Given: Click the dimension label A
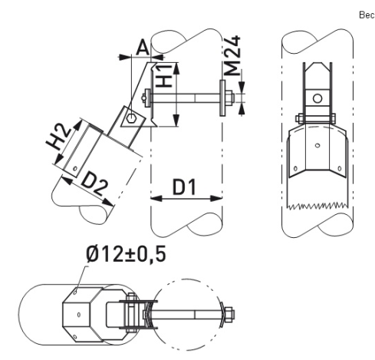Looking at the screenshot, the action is pos(143,48).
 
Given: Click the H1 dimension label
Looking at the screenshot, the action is pos(164,76).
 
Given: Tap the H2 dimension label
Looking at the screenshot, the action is pos(58,137).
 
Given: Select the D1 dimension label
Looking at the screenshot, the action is pos(184,187).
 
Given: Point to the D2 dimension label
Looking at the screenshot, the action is pos(94,183).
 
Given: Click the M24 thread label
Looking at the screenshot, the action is pos(232,56).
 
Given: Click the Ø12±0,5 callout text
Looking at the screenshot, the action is pos(126,254).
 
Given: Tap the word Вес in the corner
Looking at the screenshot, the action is pos(367,15).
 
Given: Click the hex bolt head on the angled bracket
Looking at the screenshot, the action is pos(131,118).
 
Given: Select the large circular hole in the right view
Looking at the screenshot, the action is pos(317,98).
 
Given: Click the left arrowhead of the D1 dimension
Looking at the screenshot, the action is pos(156,198).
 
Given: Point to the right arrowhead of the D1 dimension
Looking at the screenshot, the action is pos(216,198).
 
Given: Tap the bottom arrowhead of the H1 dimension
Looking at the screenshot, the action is pos(176,121).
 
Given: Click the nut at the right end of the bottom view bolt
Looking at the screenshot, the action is pos(230,315).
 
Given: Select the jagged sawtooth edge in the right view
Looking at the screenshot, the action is pos(317,206).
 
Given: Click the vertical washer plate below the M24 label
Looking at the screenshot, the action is pos(222,98).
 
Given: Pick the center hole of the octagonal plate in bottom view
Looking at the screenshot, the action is pos(79,315).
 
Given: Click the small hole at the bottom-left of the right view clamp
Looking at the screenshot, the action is pos(296,169).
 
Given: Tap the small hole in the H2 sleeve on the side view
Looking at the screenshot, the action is pos(75,169).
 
